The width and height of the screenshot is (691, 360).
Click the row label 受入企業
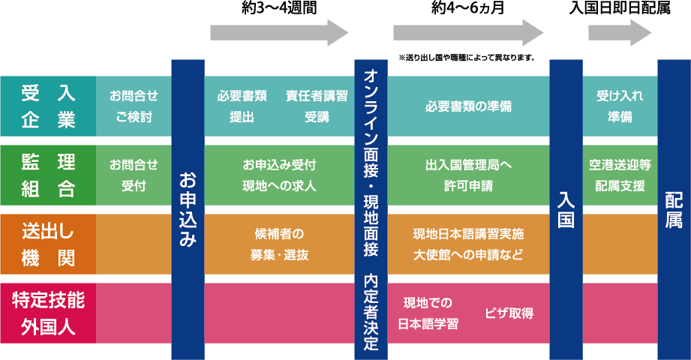click(x=48, y=106)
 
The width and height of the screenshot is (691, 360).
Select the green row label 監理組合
click(x=48, y=175)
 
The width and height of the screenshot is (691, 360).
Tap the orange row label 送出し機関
click(x=48, y=244)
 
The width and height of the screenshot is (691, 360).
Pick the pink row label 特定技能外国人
click(x=48, y=313)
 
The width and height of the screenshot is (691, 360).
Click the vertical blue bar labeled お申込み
click(x=188, y=209)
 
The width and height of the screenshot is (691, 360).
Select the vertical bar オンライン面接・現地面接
click(x=370, y=209)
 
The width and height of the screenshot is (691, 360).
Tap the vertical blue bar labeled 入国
click(x=566, y=209)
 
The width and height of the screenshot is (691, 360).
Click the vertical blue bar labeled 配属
click(x=674, y=209)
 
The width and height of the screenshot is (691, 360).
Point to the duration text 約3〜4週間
click(x=279, y=8)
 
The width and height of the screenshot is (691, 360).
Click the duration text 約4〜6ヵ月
click(x=467, y=8)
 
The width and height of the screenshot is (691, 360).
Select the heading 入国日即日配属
click(x=620, y=8)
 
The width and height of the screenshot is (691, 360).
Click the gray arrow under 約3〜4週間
click(x=279, y=33)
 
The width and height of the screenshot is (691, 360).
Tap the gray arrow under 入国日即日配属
click(x=620, y=33)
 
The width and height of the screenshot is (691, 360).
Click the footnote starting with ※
click(x=467, y=57)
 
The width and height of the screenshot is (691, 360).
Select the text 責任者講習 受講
click(x=317, y=106)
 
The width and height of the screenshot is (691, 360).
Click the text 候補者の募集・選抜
click(x=279, y=244)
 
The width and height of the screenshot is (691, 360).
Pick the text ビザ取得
click(x=509, y=313)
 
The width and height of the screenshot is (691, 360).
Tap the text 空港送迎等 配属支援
click(x=620, y=175)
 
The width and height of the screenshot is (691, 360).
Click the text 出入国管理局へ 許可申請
click(x=467, y=175)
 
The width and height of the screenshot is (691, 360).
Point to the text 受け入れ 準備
click(x=620, y=106)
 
